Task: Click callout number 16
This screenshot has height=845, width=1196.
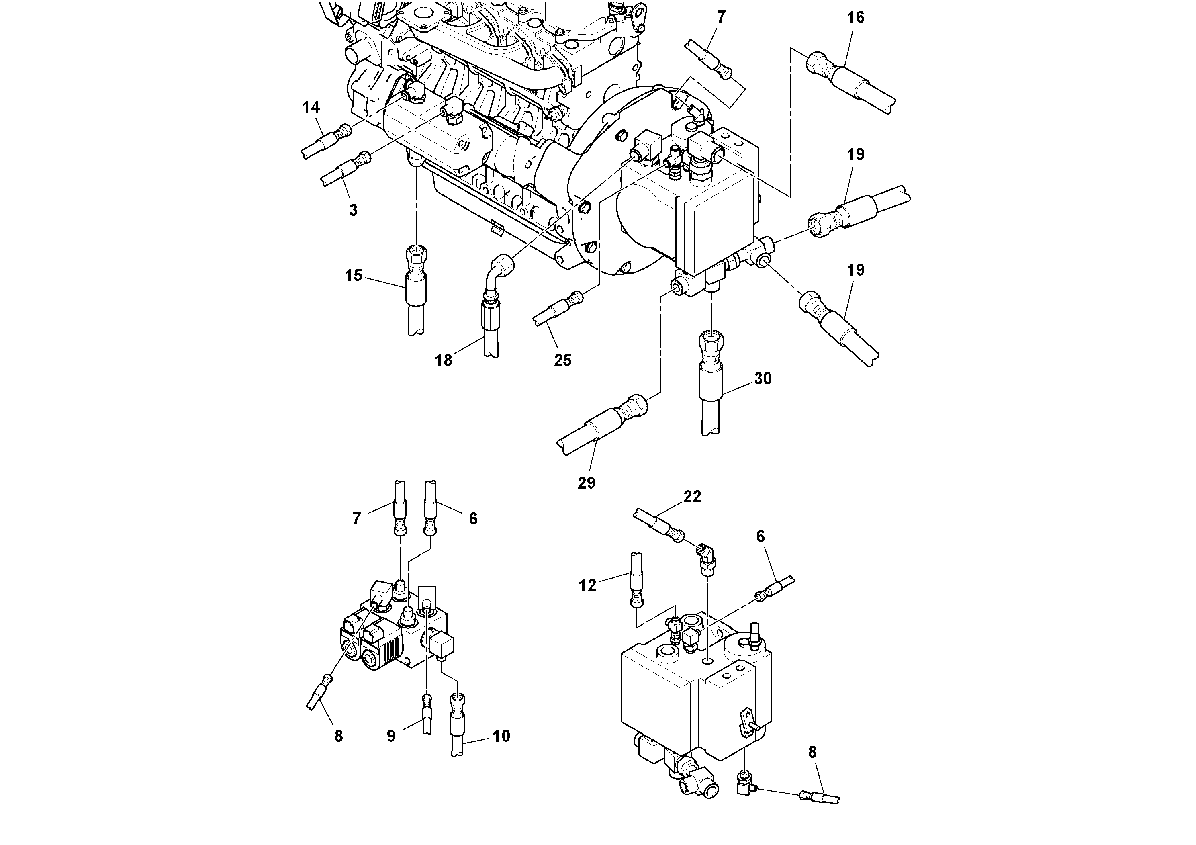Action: [855, 18]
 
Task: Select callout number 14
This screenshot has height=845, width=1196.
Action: [311, 108]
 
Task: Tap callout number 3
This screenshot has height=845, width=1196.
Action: [353, 210]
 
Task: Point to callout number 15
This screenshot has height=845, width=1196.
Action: [354, 275]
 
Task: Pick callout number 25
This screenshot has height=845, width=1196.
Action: [562, 360]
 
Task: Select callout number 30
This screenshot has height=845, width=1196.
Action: [763, 379]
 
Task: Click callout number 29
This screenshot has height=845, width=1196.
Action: [587, 483]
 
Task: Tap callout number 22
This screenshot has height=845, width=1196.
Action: [692, 497]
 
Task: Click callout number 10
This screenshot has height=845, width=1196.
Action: [501, 736]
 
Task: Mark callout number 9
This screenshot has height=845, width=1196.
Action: [391, 736]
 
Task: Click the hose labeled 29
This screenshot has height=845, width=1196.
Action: [599, 427]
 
